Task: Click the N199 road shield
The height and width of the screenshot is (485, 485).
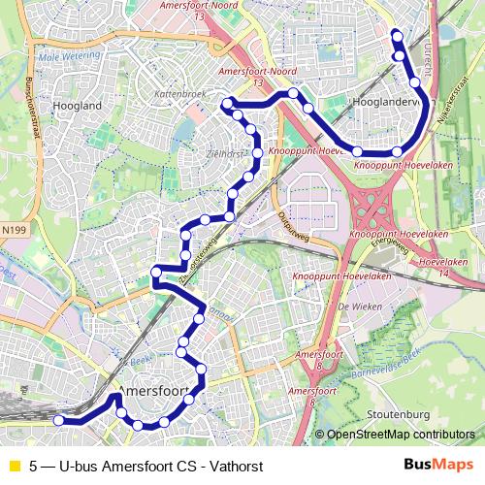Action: tap(15, 230)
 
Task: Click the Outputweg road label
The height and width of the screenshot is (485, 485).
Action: tap(291, 223)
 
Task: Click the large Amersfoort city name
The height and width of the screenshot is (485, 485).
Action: tap(150, 390)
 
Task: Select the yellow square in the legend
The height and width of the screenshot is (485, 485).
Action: tap(14, 465)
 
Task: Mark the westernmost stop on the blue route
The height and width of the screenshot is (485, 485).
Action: tap(58, 420)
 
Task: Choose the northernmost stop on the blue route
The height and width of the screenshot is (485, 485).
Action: tap(396, 35)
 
